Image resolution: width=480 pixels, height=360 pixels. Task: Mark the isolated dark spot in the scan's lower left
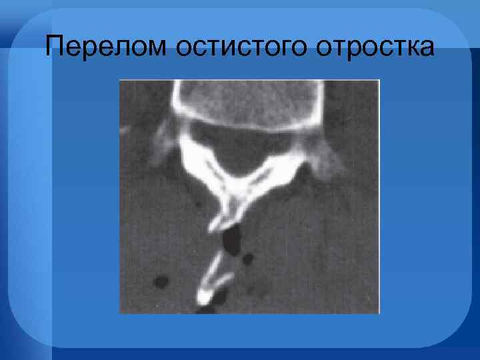(x=160, y=282)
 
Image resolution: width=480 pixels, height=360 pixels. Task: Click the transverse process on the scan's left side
(x=160, y=143)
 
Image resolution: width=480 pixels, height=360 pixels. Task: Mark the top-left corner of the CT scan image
(x=120, y=80)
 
